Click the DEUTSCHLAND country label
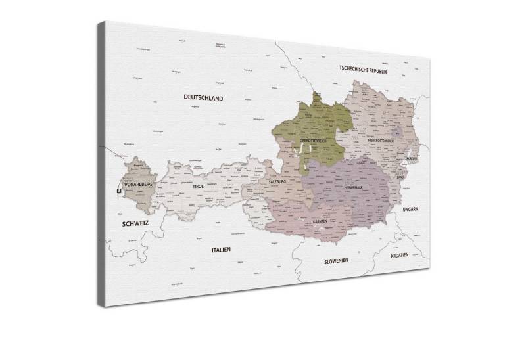(x=203, y=97)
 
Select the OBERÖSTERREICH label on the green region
(x=314, y=141)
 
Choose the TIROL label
(x=198, y=187)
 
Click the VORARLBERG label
(x=138, y=185)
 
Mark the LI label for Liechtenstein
(x=119, y=192)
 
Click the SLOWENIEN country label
(x=335, y=261)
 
